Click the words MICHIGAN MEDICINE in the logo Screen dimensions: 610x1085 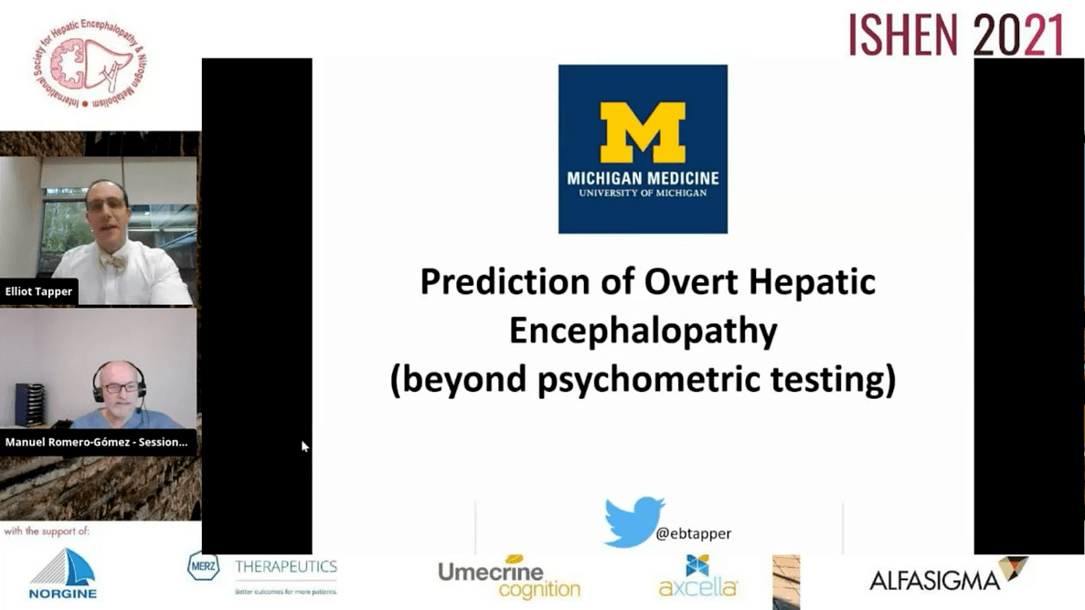point(643,178)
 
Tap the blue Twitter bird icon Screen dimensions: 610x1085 point(633,521)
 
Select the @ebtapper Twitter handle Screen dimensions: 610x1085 point(693,534)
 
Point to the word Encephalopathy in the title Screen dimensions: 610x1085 point(643,331)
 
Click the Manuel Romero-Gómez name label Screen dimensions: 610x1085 point(96,442)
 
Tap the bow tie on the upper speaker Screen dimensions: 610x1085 point(112,262)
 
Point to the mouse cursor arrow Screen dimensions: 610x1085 point(305,447)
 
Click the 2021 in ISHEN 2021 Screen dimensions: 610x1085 point(1018,35)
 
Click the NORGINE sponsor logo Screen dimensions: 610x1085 point(62,573)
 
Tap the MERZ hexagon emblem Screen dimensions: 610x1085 point(203,566)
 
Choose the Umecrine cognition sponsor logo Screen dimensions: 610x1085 point(508,579)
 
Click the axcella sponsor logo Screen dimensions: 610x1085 point(698,577)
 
